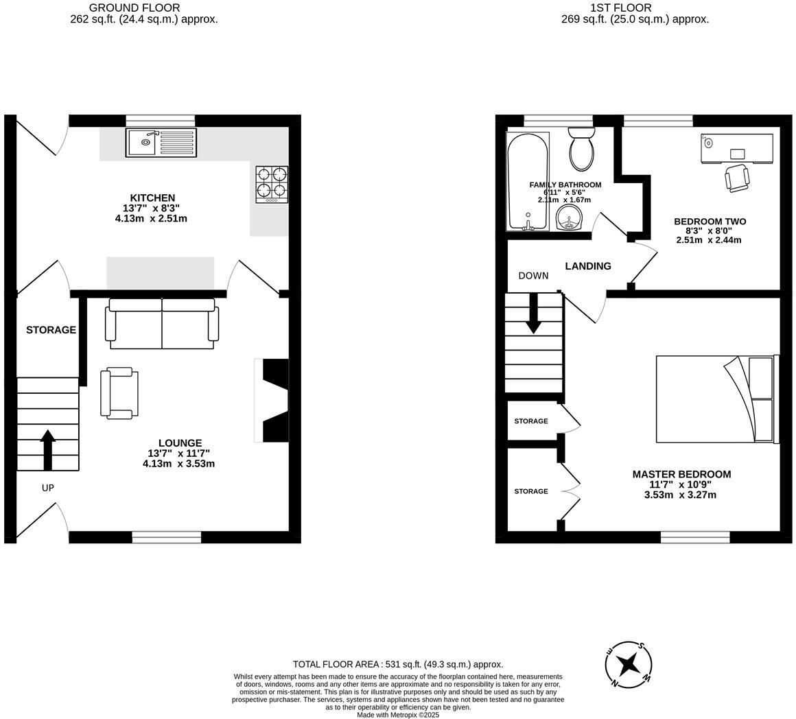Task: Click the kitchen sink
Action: [x=161, y=142]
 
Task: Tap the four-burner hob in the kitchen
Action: [x=272, y=184]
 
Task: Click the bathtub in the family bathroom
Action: [x=527, y=181]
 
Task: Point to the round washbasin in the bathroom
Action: [x=569, y=218]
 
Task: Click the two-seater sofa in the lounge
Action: [x=162, y=324]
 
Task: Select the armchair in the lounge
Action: [x=119, y=393]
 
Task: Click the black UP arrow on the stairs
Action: [x=47, y=449]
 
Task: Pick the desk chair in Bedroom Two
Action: [x=737, y=178]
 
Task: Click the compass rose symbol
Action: [x=628, y=664]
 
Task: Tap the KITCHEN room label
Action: [x=153, y=198]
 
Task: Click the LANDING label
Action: [x=588, y=266]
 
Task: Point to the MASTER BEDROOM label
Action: [x=681, y=474]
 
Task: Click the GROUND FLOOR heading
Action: [x=134, y=8]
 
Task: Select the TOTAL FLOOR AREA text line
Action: [x=398, y=664]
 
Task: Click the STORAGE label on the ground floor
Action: [x=51, y=330]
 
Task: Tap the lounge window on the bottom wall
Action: [x=167, y=537]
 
